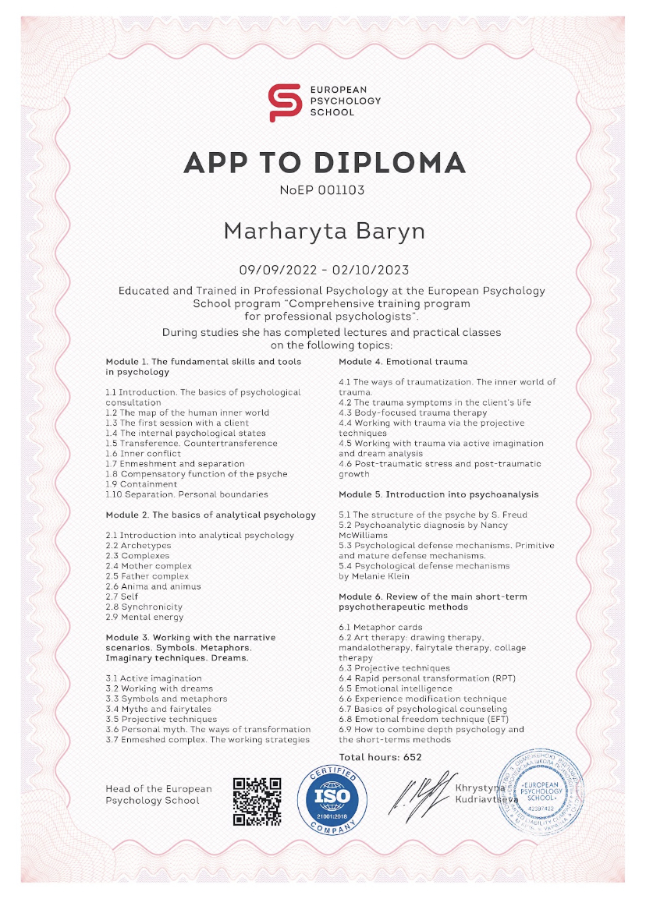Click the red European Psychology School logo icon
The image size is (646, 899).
coord(284,102)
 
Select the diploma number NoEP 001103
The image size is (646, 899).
coord(322,189)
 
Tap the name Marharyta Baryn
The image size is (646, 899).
coord(324,231)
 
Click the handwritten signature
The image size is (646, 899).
coord(421,796)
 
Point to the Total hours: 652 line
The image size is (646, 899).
coord(380,757)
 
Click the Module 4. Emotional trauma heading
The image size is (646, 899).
coord(403,362)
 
